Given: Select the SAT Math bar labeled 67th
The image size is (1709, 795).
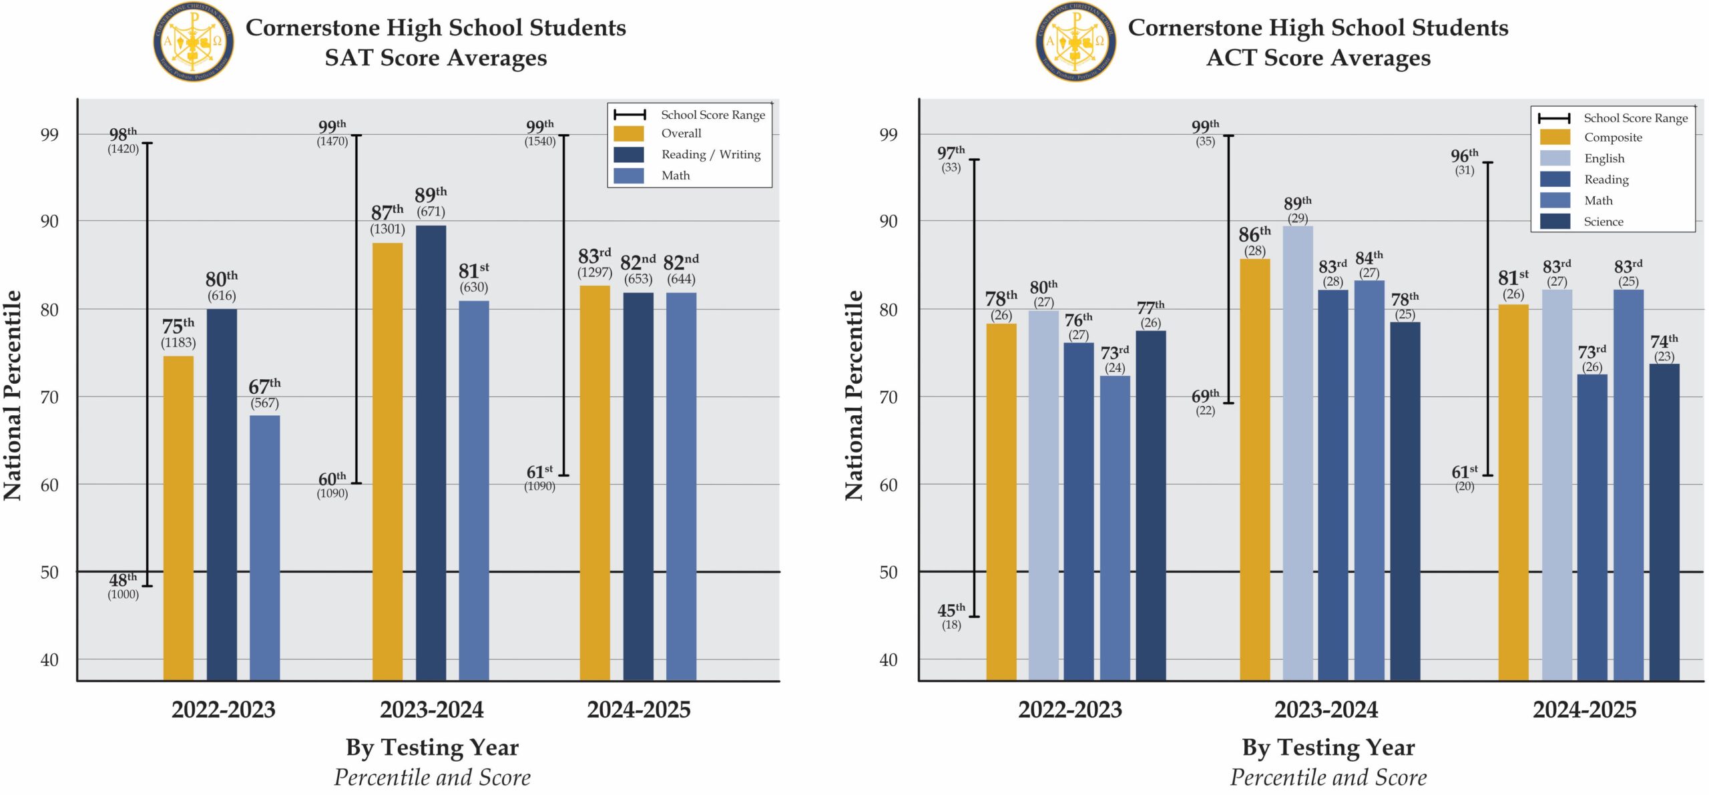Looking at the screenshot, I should click(x=265, y=547).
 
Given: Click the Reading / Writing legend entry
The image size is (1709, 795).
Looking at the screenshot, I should click(x=710, y=155).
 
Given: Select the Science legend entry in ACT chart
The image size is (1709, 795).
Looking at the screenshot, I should click(x=1603, y=222).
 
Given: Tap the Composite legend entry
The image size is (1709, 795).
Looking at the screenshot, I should click(x=1612, y=138).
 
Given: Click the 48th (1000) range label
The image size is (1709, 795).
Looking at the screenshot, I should click(x=124, y=585).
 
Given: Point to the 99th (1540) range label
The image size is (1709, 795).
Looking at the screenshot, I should click(x=540, y=132).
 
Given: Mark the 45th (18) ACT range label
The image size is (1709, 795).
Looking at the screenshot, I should click(x=951, y=616).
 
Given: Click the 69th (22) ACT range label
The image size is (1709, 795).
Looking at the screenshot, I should click(x=1205, y=402).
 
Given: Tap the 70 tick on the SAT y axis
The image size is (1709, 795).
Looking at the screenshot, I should click(x=49, y=397).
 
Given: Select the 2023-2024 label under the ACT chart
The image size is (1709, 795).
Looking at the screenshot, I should click(x=1326, y=710).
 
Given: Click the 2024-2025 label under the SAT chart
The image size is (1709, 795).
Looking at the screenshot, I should click(x=638, y=710).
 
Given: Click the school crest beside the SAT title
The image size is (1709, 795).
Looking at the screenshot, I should click(x=194, y=41).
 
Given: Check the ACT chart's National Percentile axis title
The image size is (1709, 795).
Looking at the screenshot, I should click(x=854, y=395).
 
